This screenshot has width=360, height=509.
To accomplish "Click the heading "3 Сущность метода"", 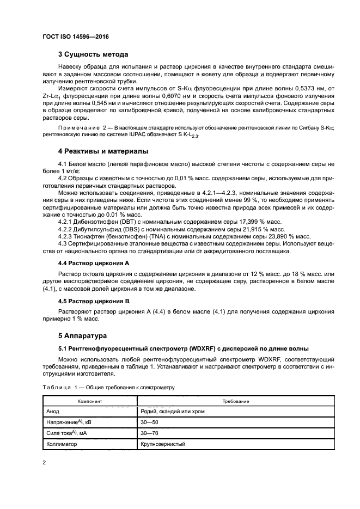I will point(93,54).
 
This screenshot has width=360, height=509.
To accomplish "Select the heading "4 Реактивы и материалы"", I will point(103,151).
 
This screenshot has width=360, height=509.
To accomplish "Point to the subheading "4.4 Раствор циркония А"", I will point(93,263).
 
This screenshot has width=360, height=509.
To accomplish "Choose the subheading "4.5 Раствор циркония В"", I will point(93,301).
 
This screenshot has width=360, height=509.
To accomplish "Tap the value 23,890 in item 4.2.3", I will point(279,236).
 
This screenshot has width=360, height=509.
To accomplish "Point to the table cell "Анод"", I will point(53,412).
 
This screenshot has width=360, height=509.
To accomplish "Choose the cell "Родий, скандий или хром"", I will point(172,412).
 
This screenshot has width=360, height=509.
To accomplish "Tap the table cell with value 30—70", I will point(149,433).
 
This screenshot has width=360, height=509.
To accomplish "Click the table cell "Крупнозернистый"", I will point(163,444).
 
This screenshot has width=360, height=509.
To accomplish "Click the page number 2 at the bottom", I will point(45,463).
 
